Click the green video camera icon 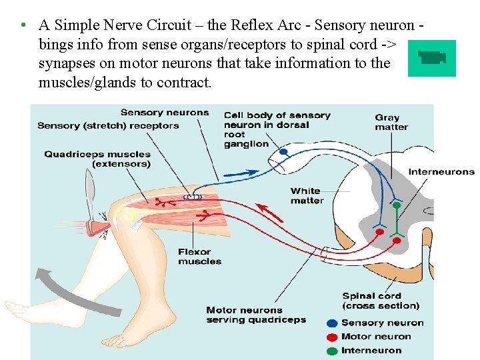pyautogui.click(x=431, y=58)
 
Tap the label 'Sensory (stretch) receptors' pyautogui.click(x=108, y=125)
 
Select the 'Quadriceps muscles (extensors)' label pyautogui.click(x=97, y=159)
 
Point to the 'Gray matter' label pyautogui.click(x=391, y=123)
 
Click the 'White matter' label pyautogui.click(x=307, y=195)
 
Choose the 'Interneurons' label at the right pyautogui.click(x=441, y=171)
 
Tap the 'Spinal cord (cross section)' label pyautogui.click(x=381, y=301)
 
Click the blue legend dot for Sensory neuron pyautogui.click(x=332, y=323)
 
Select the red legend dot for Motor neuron pyautogui.click(x=332, y=337)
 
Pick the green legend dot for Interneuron pyautogui.click(x=332, y=351)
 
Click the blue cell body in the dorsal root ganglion pyautogui.click(x=283, y=152)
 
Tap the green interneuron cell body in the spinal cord pyautogui.click(x=396, y=206)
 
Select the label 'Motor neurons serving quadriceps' pyautogui.click(x=256, y=315)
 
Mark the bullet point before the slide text pyautogui.click(x=23, y=25)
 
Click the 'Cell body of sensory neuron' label pyautogui.click(x=277, y=129)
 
